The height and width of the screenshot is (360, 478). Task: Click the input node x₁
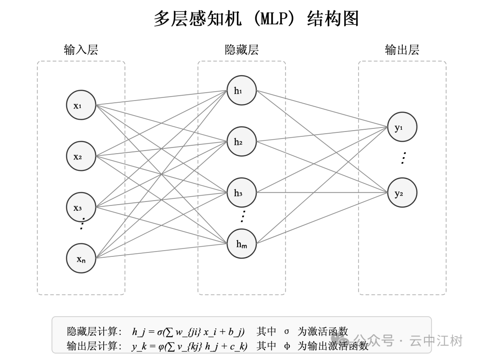(x=81, y=105)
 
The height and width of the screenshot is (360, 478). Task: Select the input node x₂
(x=81, y=156)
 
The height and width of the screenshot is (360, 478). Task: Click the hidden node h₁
(x=242, y=91)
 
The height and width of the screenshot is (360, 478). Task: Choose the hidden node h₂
(x=242, y=142)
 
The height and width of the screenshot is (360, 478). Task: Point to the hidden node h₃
(x=242, y=193)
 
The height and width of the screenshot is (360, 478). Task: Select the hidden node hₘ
(x=242, y=244)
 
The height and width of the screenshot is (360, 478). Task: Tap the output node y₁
(x=402, y=127)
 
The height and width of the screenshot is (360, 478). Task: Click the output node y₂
(x=402, y=193)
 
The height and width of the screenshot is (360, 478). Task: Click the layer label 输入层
(x=81, y=50)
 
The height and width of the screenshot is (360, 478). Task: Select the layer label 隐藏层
(x=242, y=50)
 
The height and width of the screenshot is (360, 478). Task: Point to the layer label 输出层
(x=402, y=50)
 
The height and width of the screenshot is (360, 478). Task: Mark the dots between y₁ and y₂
(x=403, y=158)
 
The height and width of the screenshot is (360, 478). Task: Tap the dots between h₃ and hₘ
(x=243, y=217)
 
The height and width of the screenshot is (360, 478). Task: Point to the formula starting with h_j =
(x=188, y=331)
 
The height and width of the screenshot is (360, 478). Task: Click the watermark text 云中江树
(x=436, y=341)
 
